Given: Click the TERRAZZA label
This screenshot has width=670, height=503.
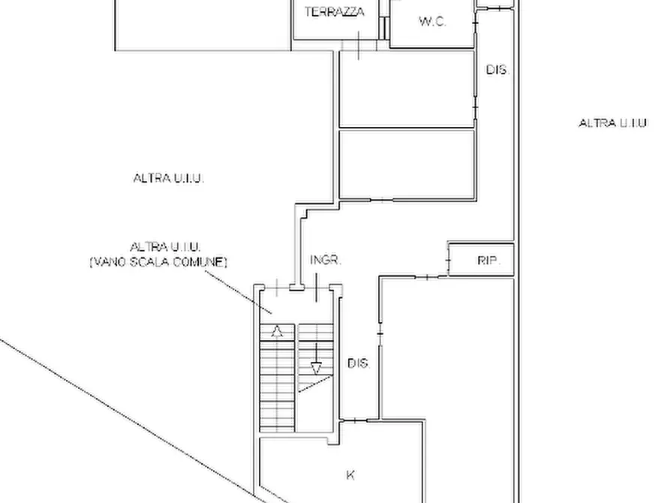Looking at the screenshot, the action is point(335,11).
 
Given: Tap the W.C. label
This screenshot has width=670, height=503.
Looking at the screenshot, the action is point(432,21).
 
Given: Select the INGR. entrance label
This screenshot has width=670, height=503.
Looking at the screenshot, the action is point(326,260).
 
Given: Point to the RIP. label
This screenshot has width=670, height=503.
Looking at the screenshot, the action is point(489,260).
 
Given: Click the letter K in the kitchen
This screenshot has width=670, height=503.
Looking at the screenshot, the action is point(350,474).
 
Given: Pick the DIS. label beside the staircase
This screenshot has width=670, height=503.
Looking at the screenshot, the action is point(358,363).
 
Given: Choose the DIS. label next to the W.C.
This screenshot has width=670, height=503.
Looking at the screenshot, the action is point(497,69).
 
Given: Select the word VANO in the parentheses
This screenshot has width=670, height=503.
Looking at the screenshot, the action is point(110,261).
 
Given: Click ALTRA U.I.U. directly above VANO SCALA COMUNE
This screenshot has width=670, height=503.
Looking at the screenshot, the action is point(165,247).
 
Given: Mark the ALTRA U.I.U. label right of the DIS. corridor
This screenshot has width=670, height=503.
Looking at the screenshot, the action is point(612,123).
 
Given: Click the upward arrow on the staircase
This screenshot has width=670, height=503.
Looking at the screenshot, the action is point(278,331).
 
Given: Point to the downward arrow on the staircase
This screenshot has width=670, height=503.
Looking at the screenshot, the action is point(316,358).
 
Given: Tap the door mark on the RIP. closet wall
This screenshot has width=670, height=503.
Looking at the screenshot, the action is point(448,259).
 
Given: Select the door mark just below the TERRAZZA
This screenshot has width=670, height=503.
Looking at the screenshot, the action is point(358,45).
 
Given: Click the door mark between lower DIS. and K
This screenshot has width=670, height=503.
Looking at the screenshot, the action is point(355,420).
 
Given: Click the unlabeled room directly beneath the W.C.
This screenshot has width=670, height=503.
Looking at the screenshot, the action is point(407,89).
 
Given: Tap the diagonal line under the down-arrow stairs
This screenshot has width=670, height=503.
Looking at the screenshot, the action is point(315,384).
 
